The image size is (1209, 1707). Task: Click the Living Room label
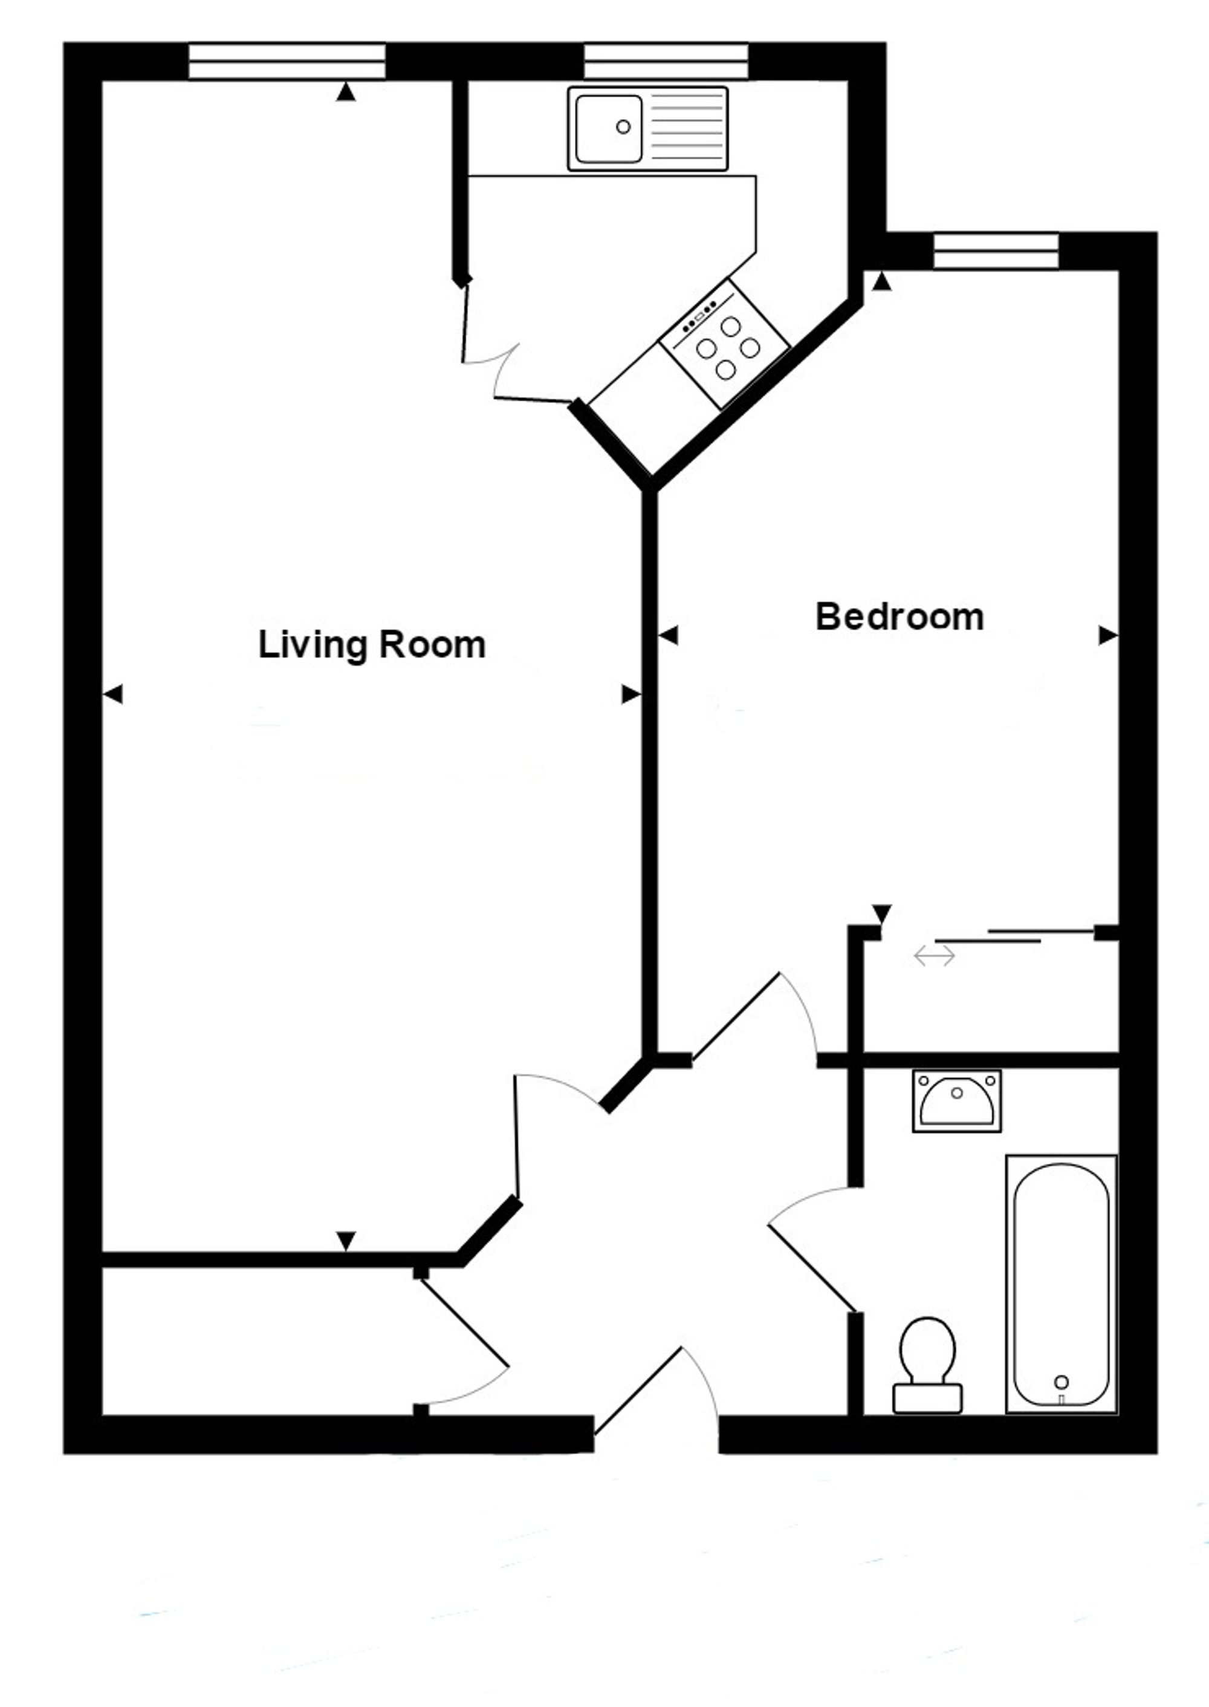372,645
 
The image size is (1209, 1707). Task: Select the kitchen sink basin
608,129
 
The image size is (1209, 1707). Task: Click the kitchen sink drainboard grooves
686,129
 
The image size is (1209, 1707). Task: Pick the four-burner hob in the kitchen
724,344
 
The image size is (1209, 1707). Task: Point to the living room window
287,61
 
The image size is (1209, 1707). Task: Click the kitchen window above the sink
666,61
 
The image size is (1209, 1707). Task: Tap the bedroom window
996,250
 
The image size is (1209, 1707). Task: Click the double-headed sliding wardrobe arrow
935,956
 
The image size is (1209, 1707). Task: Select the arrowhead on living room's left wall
112,695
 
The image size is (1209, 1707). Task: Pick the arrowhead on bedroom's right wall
1109,635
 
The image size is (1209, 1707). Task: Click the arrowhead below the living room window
345,93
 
